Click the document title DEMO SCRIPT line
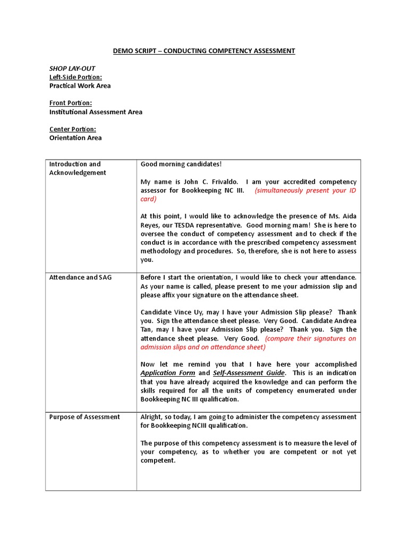[x=204, y=51]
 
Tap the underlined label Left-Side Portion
[x=75, y=77]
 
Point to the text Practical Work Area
[x=80, y=86]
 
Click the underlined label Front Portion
[x=71, y=103]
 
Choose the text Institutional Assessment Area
[x=96, y=112]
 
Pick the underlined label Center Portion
[x=73, y=129]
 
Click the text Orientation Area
[x=75, y=138]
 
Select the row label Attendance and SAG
[x=80, y=277]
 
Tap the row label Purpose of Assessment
[x=84, y=417]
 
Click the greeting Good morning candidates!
[x=181, y=164]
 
